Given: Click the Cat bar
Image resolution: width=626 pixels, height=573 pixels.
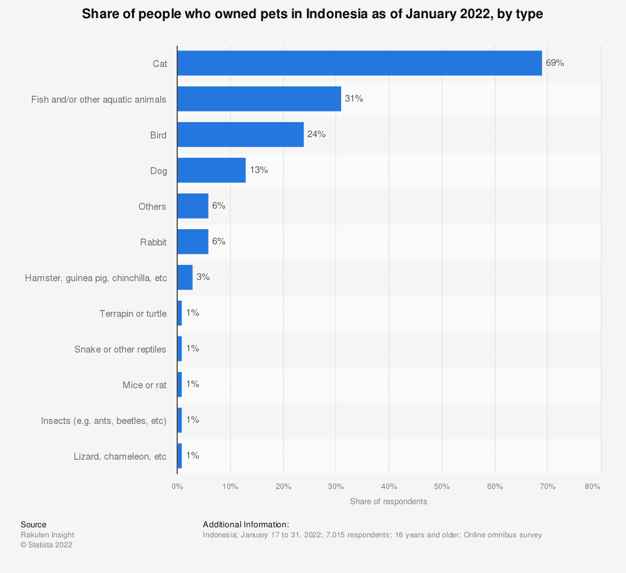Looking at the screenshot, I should (359, 63).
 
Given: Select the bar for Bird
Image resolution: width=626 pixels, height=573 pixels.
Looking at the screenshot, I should (240, 135).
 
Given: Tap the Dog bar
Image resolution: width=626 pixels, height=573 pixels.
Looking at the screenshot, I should (211, 170).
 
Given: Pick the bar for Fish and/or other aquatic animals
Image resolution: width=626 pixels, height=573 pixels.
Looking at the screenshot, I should (259, 99).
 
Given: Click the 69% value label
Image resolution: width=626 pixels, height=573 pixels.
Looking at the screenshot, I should (555, 63).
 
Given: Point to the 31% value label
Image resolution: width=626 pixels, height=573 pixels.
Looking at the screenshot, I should (354, 98).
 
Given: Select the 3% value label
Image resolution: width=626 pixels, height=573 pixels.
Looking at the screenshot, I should (203, 276).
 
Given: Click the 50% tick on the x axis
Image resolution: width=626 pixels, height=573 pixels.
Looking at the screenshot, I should (441, 486).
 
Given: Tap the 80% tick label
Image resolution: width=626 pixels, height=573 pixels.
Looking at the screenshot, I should (592, 486).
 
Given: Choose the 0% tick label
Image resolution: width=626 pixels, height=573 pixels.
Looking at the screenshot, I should (177, 486).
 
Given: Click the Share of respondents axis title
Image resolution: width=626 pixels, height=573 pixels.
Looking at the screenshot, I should (388, 502).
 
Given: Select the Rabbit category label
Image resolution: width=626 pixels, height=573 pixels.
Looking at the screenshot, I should (153, 242).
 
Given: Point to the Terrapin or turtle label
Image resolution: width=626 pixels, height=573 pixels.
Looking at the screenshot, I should (133, 313).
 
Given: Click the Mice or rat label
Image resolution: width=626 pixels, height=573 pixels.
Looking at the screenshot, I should (145, 385).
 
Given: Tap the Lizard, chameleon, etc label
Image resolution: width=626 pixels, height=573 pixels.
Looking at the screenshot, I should (120, 456).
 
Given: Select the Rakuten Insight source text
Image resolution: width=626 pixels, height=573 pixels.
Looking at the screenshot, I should (47, 535).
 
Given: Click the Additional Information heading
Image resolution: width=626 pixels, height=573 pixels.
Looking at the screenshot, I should (245, 524).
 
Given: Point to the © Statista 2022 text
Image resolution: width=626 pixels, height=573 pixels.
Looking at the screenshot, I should (46, 545).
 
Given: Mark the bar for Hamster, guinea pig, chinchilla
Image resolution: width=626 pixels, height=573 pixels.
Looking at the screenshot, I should (185, 277).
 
